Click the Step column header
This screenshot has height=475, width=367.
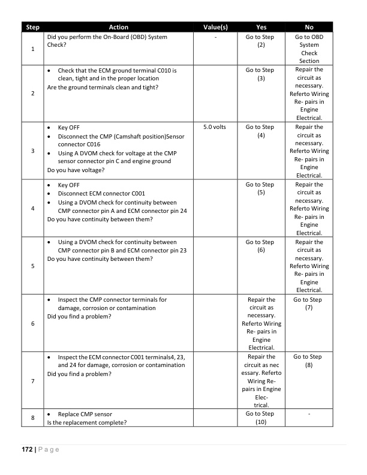pos(33,27)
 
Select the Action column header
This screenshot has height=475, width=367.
pos(118,27)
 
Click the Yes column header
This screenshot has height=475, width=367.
pos(261,27)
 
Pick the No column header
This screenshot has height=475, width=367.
pos(309,27)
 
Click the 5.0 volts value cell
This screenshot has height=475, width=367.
pos(211,127)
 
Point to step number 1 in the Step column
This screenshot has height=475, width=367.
pos(33,49)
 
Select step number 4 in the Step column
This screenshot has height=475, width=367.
pos(33,208)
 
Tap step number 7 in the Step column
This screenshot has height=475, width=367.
pos(33,381)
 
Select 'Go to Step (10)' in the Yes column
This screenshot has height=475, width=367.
pos(260,418)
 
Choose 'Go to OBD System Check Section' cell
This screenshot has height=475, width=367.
pos(309,49)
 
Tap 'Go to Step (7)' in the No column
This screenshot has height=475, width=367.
pos(309,303)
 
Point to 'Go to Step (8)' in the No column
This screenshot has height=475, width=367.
pos(309,361)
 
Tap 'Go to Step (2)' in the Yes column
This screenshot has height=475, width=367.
pos(260,41)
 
